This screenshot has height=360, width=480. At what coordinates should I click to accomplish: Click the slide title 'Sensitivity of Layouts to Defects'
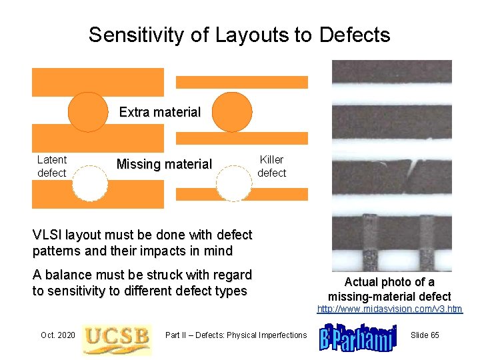click(x=239, y=35)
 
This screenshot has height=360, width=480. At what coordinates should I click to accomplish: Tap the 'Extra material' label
click(x=159, y=112)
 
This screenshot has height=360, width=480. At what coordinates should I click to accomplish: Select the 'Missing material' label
click(x=164, y=164)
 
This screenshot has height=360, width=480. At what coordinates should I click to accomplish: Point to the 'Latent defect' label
click(x=51, y=166)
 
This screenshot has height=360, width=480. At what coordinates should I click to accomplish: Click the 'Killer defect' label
click(x=271, y=166)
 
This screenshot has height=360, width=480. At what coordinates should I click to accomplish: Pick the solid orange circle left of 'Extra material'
click(x=88, y=111)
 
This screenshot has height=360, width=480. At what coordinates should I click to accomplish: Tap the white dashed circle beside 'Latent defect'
click(x=89, y=182)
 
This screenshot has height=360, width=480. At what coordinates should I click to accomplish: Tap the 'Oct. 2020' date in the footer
click(x=58, y=335)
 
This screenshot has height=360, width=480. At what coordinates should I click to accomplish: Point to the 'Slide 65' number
click(x=425, y=335)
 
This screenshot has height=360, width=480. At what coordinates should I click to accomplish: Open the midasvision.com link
click(x=390, y=309)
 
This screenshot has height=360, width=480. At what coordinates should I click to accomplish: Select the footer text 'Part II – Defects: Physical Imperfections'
click(x=236, y=335)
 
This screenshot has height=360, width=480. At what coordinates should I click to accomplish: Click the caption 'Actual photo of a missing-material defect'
click(x=389, y=289)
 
